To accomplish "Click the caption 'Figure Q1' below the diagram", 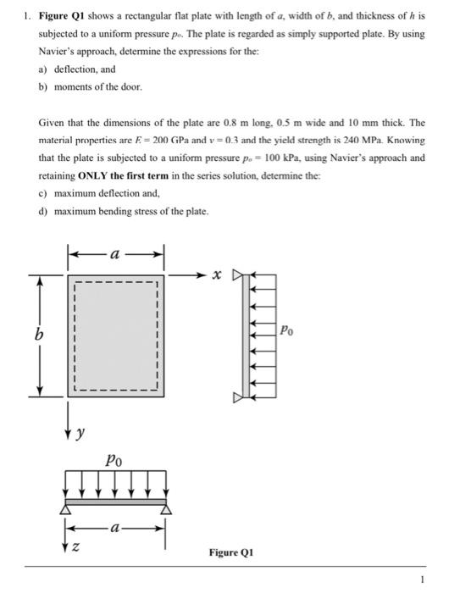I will point(231,552).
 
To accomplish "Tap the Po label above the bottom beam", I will point(114,461).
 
